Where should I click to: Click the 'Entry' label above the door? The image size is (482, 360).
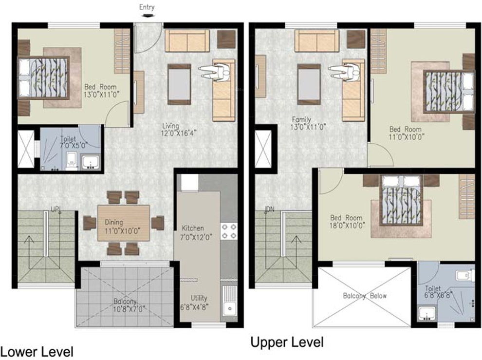147,7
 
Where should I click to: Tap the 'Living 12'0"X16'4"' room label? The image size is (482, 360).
179,129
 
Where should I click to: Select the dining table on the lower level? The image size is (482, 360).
124,223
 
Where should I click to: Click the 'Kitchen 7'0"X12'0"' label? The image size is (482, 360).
196,232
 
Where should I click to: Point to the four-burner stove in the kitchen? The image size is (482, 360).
229,231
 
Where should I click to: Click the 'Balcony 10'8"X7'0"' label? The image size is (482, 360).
129,305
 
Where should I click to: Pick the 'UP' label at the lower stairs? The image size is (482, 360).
55,209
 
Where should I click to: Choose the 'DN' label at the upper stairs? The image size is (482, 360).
270,209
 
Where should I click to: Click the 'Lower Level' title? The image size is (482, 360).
37,352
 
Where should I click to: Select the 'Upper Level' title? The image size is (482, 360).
287,342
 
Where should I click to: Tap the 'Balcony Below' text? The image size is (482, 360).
365,296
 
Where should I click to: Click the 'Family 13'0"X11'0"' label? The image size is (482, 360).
308,123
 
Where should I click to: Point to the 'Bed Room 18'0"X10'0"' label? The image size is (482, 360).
347,222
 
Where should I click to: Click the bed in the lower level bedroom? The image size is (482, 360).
43,77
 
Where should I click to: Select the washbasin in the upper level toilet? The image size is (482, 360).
426,313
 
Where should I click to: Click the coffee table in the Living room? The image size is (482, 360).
179,84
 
